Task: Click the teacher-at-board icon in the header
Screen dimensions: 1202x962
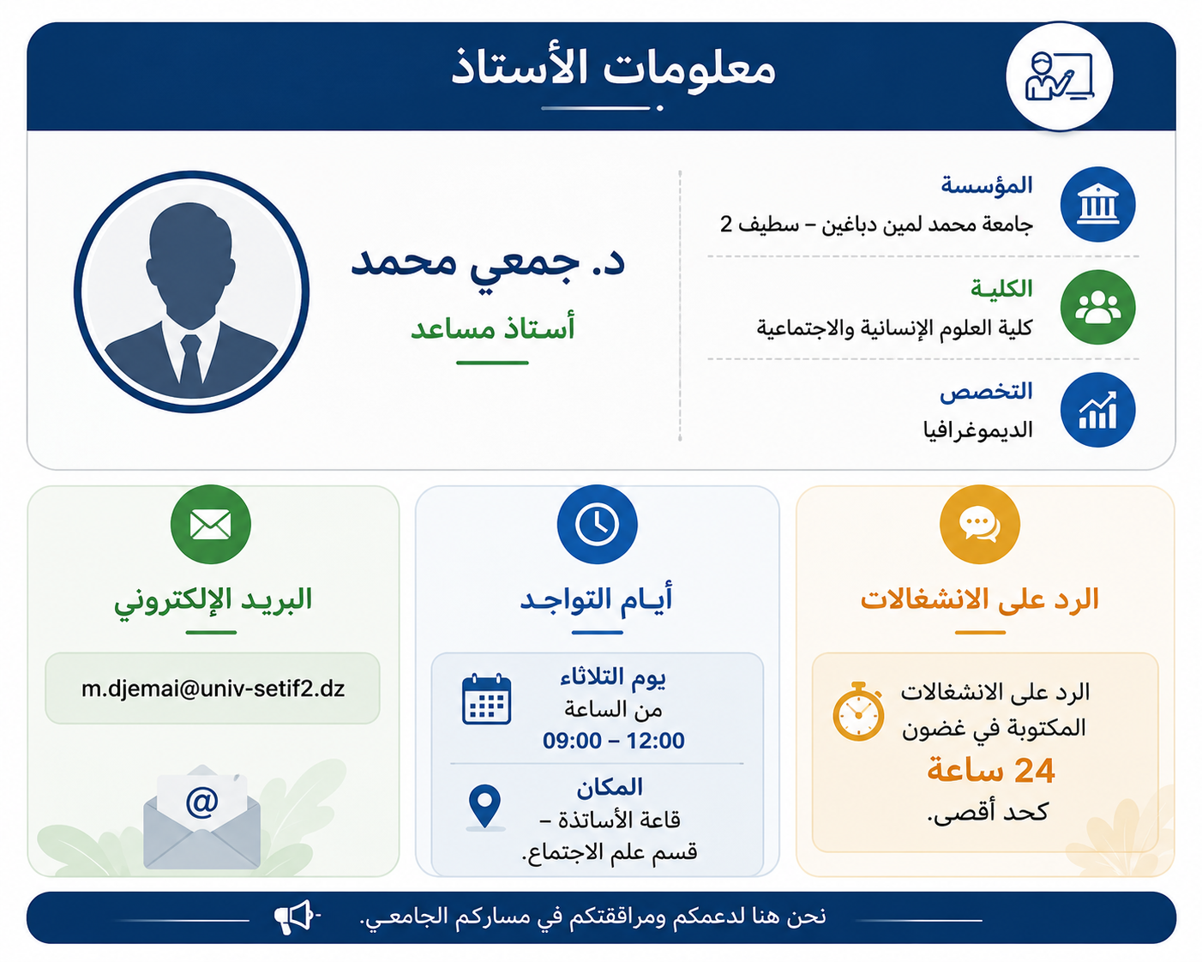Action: pos(1059,76)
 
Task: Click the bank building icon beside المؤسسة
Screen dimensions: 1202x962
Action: pos(1097,204)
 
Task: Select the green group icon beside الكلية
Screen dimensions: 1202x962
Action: pos(1097,307)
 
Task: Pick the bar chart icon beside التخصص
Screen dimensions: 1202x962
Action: pos(1097,410)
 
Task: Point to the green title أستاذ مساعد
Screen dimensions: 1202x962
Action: pos(493,328)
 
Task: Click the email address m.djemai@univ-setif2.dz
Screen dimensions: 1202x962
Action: pos(213,688)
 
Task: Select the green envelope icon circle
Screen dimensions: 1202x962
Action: pos(211,524)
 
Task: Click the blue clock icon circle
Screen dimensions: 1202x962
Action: pos(597,524)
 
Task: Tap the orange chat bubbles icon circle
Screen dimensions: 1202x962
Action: pos(980,524)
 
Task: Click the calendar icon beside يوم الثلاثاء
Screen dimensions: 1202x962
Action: pos(486,699)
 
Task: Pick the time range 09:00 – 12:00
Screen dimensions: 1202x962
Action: pos(613,741)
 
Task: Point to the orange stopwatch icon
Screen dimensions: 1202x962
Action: pos(858,711)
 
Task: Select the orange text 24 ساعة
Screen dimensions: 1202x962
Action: pos(990,771)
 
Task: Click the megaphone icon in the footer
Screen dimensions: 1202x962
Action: pos(296,917)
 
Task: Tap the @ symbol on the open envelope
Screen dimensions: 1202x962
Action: pos(201,802)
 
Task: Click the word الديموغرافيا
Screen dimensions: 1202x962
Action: pos(977,430)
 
